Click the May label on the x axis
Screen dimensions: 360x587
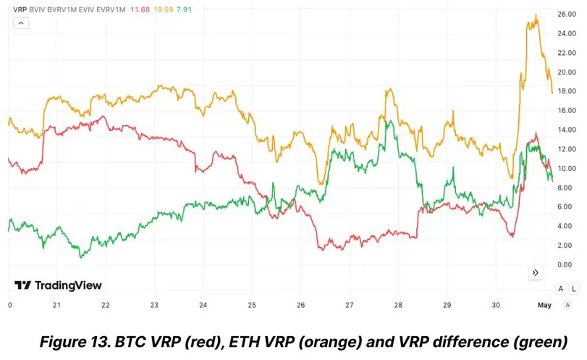point(544,305)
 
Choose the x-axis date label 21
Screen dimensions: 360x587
point(56,305)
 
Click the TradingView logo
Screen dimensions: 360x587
point(59,285)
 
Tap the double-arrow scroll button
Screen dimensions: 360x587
point(536,272)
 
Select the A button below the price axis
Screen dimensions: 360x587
point(560,288)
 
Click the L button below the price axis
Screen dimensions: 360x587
point(574,288)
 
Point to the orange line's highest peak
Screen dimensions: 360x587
point(535,15)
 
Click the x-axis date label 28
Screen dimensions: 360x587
point(398,305)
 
